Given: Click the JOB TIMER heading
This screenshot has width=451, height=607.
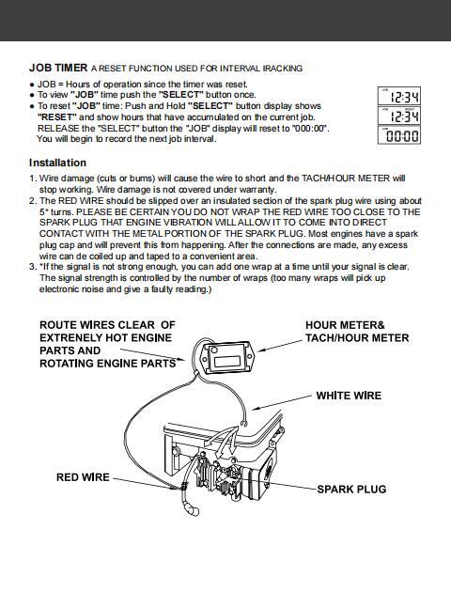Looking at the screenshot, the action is pos(58,68).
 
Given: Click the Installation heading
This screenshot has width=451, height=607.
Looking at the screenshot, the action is pos(57,163).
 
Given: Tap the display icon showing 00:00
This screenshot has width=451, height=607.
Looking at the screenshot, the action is pos(399,135).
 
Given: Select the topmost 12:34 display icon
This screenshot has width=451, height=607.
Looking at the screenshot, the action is pos(399,96).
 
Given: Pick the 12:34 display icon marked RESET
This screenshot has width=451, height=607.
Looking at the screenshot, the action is pos(399,116).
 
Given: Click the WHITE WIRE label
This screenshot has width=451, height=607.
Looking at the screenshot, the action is pos(349,396).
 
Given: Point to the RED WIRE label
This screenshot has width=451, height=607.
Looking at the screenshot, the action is pos(83,477).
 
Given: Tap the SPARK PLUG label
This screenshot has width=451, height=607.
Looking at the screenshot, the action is pos(351,489).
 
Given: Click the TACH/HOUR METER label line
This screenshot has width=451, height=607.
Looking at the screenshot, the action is pos(357,337).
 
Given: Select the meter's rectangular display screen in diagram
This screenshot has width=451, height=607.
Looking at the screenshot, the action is pos(227,361).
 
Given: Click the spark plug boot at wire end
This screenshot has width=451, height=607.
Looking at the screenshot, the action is pos(192,509).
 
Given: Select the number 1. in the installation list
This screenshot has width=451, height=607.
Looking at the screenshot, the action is pos(33,179).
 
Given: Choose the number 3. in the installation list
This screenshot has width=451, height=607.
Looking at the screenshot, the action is pos(33,267).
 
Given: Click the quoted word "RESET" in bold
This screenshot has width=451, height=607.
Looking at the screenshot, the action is pos(57,117).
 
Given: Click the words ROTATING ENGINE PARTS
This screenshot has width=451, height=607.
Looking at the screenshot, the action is pos(108,363).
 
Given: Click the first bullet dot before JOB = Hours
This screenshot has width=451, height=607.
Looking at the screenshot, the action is pos(32,85).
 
